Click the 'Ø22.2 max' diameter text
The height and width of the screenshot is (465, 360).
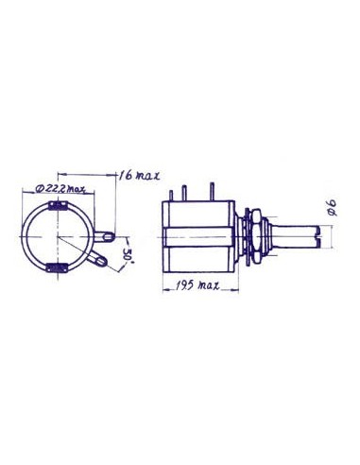63,190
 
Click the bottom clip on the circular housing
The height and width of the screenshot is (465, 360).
56,267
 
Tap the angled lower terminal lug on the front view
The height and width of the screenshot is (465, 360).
98,254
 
